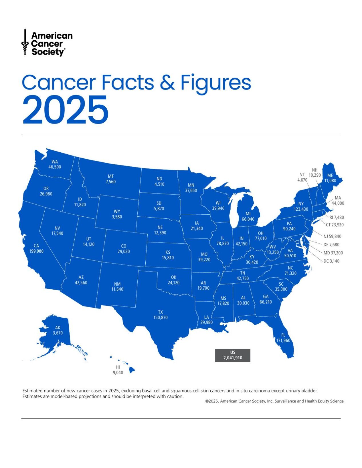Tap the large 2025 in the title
[65, 110]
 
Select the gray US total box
[233, 355]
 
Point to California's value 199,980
[36, 251]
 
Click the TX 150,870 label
[161, 315]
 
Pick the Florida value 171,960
[283, 340]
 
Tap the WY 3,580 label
[117, 214]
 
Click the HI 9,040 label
[118, 370]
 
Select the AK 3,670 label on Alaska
[58, 330]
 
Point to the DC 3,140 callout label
[331, 261]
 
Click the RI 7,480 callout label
[337, 217]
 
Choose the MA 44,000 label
[338, 200]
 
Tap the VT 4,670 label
[302, 177]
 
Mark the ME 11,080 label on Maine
[330, 178]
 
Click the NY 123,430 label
[301, 206]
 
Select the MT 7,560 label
[111, 179]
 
